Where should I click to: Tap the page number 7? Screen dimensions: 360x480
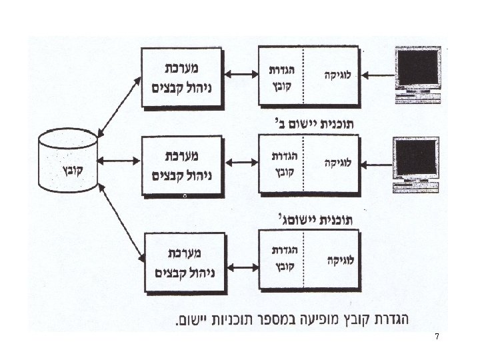pos(437,337)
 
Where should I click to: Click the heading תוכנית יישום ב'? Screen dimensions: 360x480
pos(313,123)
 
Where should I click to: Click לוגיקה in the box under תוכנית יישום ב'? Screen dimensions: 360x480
pos(339,163)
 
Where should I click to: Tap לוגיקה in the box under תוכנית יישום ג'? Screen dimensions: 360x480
pos(339,259)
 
